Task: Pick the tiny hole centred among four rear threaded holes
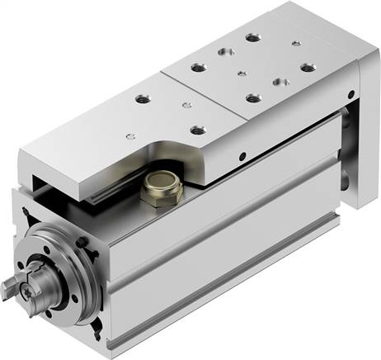(239, 74)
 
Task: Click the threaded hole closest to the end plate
(308, 68)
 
